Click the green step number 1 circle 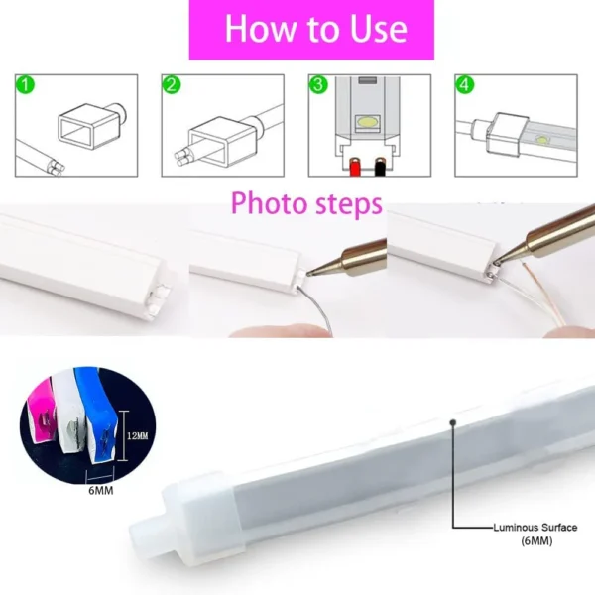pyautogui.click(x=25, y=84)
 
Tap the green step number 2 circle pyautogui.click(x=172, y=84)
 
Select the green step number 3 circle pyautogui.click(x=318, y=84)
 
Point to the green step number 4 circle pyautogui.click(x=464, y=84)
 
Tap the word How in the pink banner pyautogui.click(x=262, y=29)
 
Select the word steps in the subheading pyautogui.click(x=349, y=205)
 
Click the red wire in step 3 pyautogui.click(x=355, y=167)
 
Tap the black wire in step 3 pyautogui.click(x=380, y=167)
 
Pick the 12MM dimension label pyautogui.click(x=138, y=436)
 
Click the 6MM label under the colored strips pyautogui.click(x=101, y=491)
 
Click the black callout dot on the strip pyautogui.click(x=452, y=422)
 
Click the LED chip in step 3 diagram pyautogui.click(x=367, y=122)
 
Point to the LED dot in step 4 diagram pyautogui.click(x=543, y=140)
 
